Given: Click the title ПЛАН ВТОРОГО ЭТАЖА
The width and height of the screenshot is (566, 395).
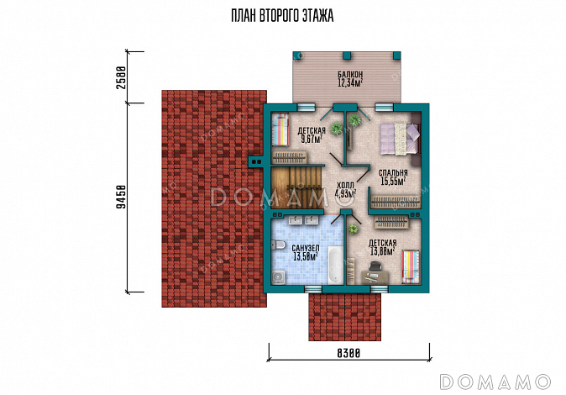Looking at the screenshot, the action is pyautogui.click(x=282, y=16).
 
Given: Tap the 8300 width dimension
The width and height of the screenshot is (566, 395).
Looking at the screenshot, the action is pyautogui.click(x=349, y=353).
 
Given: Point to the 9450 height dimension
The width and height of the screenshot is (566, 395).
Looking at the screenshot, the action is pyautogui.click(x=122, y=197).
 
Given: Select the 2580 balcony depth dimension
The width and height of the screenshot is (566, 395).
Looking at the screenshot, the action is pyautogui.click(x=122, y=77).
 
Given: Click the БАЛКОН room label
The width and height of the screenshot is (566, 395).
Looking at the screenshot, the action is pyautogui.click(x=350, y=75).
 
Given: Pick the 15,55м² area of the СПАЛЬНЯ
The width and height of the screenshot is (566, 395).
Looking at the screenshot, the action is pyautogui.click(x=394, y=182).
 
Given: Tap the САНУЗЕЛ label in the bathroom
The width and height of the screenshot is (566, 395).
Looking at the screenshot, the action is pyautogui.click(x=306, y=248).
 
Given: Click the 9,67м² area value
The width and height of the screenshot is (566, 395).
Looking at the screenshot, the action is pyautogui.click(x=312, y=139).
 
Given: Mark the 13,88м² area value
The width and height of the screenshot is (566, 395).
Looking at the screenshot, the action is pyautogui.click(x=382, y=251).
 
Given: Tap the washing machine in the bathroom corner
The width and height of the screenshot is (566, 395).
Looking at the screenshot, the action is pyautogui.click(x=279, y=277).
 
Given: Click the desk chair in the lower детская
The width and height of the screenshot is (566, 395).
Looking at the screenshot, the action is pyautogui.click(x=375, y=266).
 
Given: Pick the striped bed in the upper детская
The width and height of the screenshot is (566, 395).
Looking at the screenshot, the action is pyautogui.click(x=280, y=129).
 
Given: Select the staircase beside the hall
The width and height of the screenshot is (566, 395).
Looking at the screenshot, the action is pyautogui.click(x=296, y=187).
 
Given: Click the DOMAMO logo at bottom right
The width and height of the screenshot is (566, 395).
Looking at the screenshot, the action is pyautogui.click(x=495, y=382).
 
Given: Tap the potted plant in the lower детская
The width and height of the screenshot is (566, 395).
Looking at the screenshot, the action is pyautogui.click(x=354, y=229).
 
